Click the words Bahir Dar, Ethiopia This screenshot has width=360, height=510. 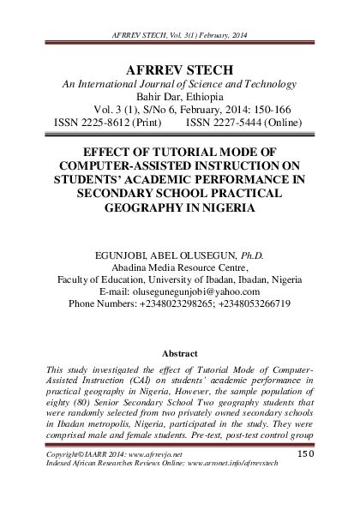[x=180, y=97]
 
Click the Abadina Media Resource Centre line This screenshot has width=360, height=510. [x=180, y=267]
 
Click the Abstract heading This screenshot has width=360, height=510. [x=180, y=353]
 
